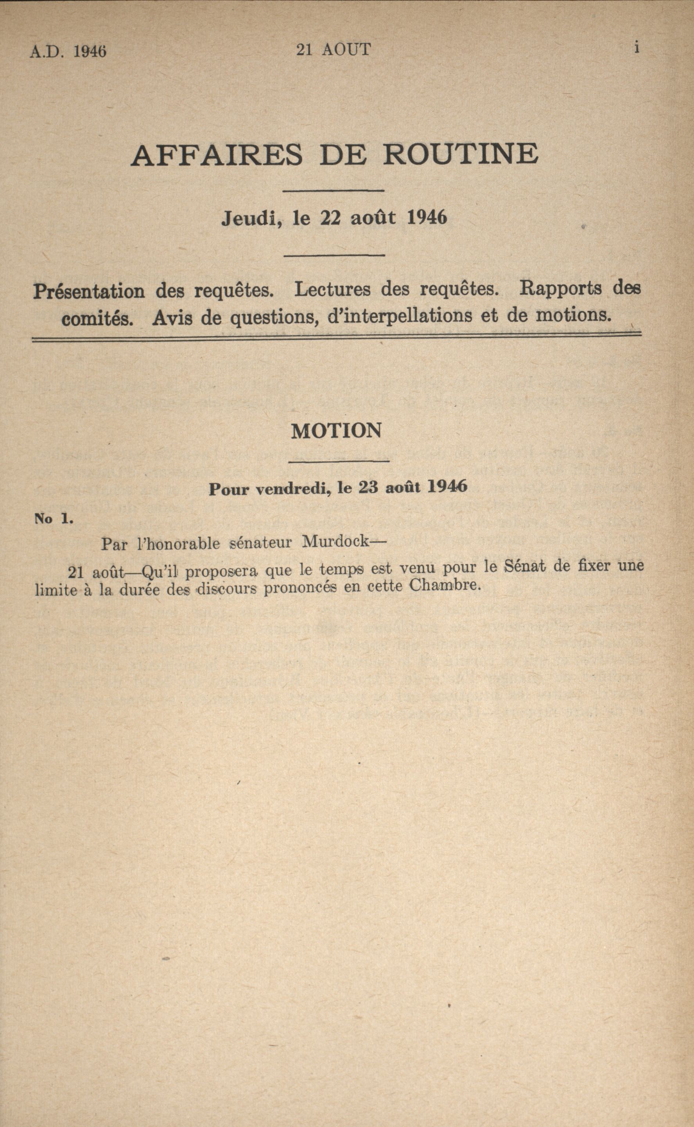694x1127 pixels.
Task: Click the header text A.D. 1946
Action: (68, 51)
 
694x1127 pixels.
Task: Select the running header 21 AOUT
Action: (333, 50)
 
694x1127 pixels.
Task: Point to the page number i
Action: (637, 48)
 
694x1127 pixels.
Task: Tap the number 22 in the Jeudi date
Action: (330, 218)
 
